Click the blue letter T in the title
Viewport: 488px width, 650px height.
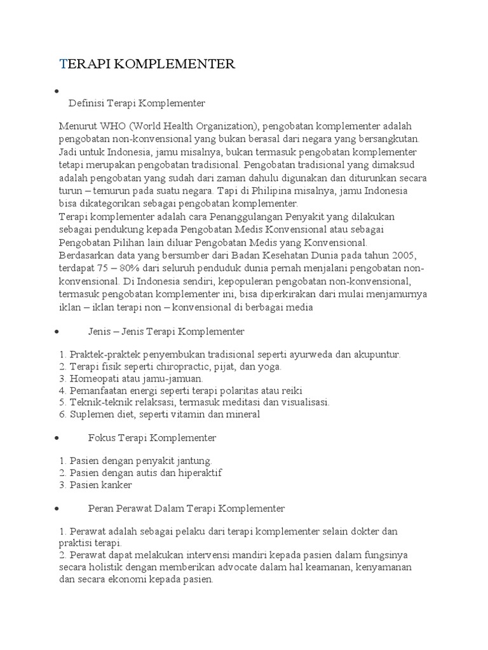62,63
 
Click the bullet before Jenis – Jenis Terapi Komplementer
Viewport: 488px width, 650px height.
58,332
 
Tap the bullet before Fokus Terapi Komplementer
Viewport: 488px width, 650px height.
58,438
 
